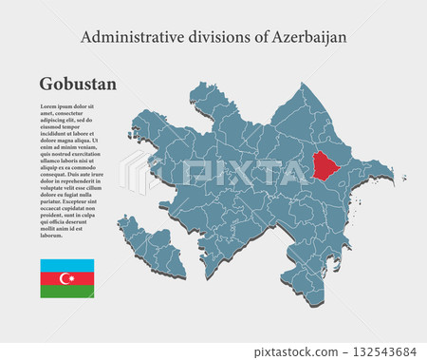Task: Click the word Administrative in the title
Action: pyautogui.click(x=126, y=37)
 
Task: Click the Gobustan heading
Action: pyautogui.click(x=78, y=84)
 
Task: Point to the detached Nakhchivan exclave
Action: pyautogui.click(x=152, y=249)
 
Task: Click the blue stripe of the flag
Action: pyautogui.click(x=66, y=264)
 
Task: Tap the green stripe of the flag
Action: pyautogui.click(x=66, y=292)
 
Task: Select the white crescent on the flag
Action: pyautogui.click(x=65, y=278)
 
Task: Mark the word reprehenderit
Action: pyautogui.click(x=87, y=180)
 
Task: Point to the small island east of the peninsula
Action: pyautogui.click(x=403, y=178)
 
